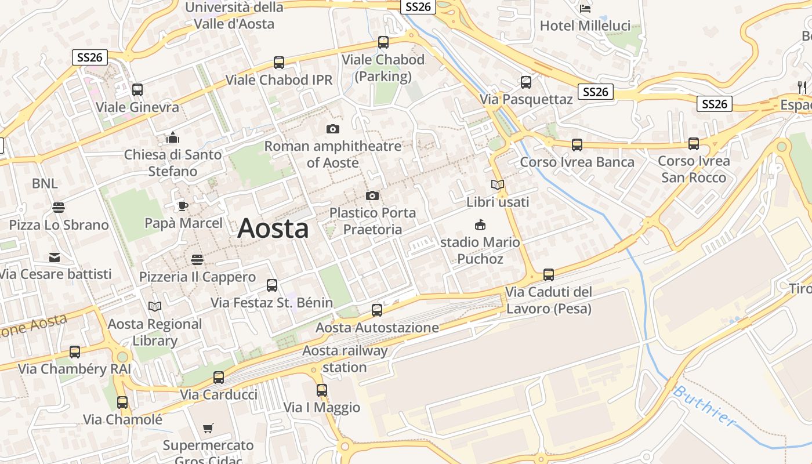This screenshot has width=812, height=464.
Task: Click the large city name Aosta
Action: (273, 228)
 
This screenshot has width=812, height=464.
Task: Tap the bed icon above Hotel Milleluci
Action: (585, 8)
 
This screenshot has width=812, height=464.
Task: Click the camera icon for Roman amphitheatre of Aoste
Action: (333, 129)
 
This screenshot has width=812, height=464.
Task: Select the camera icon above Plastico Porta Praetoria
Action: (372, 196)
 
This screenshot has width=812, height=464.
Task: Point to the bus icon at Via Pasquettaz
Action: (526, 82)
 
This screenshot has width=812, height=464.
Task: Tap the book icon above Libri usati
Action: (498, 185)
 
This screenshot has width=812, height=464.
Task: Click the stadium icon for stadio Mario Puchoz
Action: (480, 224)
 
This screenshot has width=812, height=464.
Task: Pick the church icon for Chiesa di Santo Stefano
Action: (173, 137)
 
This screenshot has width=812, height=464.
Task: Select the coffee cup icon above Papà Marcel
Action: (183, 206)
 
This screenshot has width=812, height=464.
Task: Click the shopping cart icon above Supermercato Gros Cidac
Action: (208, 429)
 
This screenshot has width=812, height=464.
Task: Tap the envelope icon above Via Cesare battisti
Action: (55, 257)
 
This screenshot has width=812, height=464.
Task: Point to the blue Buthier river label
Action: (704, 406)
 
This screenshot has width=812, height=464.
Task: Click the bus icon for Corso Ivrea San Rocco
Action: (694, 144)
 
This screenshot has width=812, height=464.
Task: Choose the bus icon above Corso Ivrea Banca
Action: (577, 145)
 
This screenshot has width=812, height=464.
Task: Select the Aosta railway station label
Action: (345, 359)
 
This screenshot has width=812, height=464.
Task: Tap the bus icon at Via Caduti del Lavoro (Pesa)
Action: (549, 275)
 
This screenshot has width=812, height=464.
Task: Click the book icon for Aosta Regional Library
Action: (155, 306)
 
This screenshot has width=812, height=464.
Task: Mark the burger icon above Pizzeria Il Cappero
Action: (197, 259)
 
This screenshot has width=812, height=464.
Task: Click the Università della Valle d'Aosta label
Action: (234, 16)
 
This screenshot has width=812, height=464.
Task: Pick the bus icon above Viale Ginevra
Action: (137, 90)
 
